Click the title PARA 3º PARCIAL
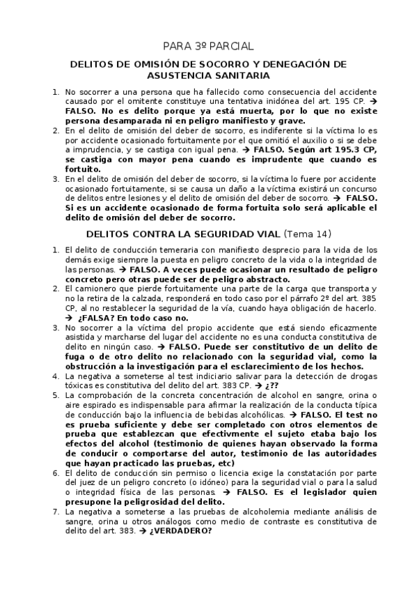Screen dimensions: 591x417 tap(209, 47)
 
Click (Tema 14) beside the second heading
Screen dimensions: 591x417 tap(308, 233)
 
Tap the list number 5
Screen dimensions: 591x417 tap(56, 395)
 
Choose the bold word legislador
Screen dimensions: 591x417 tap(338, 491)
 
